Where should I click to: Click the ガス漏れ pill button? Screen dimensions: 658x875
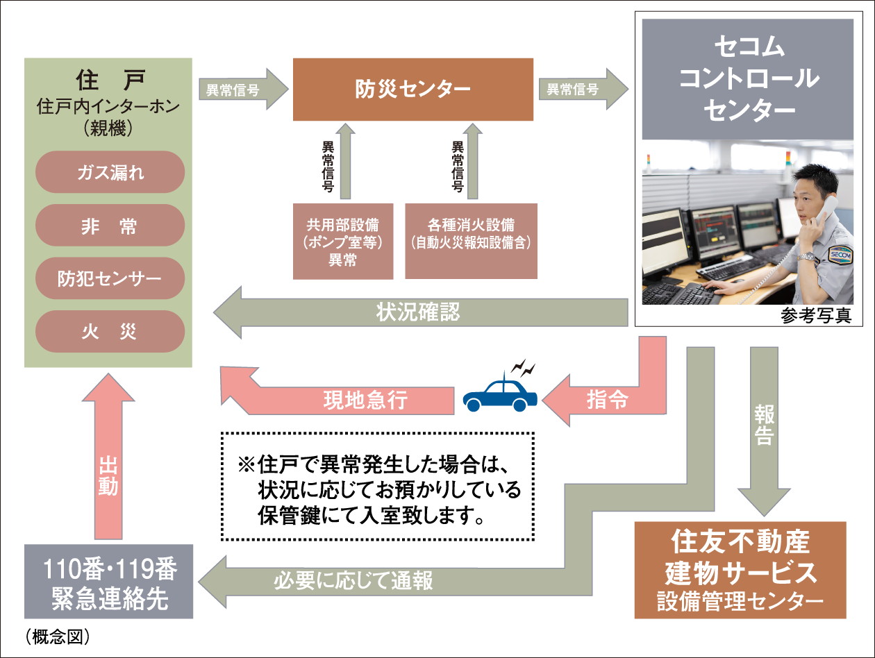click(110, 172)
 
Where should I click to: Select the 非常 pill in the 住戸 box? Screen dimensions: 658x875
click(110, 226)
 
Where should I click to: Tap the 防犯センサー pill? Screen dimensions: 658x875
click(110, 279)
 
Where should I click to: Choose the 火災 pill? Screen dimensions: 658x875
click(110, 332)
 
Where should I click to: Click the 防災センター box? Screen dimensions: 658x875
click(413, 90)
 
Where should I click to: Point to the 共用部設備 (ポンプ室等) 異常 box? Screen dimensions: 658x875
click(343, 242)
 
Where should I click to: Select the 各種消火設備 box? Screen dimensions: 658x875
click(471, 242)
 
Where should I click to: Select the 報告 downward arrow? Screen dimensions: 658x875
click(764, 430)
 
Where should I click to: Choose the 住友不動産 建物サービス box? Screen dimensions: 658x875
click(740, 570)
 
